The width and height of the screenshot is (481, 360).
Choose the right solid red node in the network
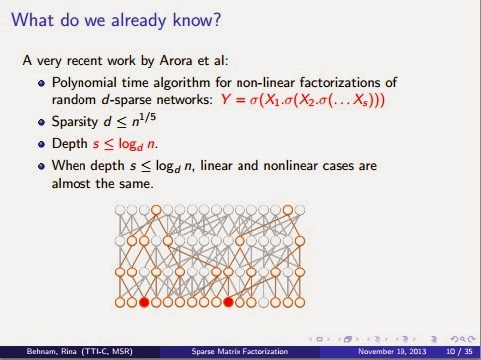coord(228,301)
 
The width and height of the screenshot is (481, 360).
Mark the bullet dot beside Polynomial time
coord(55,82)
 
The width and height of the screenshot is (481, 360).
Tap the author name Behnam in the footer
coord(25,350)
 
